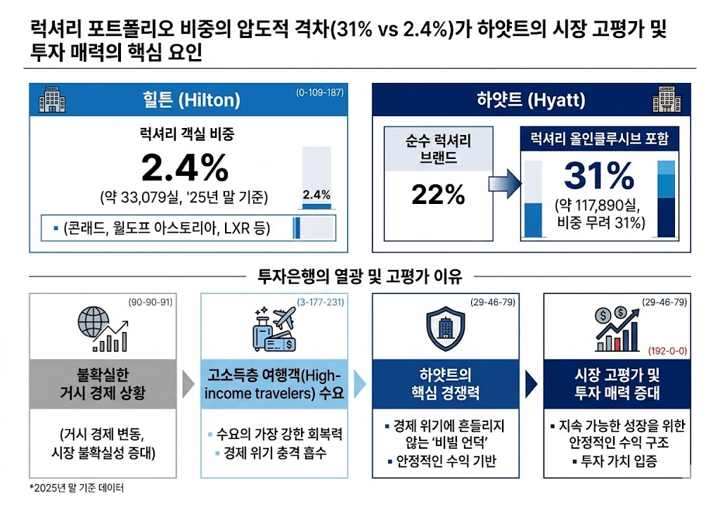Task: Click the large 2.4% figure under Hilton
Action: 185,168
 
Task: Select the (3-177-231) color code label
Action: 319,302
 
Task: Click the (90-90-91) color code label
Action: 150,302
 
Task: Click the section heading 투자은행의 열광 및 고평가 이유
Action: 360,276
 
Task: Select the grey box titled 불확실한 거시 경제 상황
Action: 103,383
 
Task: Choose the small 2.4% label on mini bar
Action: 316,195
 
